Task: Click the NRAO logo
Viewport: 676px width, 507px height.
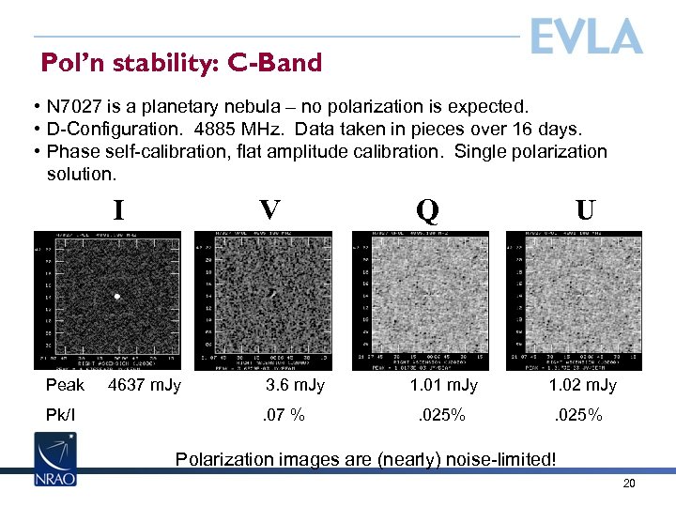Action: click(x=55, y=459)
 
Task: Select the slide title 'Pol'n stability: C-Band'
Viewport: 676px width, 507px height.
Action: click(x=181, y=63)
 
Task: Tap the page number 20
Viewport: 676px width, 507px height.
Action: click(x=629, y=484)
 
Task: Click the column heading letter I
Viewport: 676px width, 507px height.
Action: click(x=118, y=209)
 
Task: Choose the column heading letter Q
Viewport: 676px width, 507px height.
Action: click(x=426, y=209)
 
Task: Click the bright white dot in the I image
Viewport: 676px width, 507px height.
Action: click(x=117, y=297)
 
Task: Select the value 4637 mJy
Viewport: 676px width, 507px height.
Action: click(x=145, y=385)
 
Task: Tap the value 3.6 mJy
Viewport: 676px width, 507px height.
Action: click(x=295, y=385)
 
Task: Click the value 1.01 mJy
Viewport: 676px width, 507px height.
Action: click(x=443, y=385)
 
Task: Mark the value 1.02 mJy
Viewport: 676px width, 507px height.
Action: click(x=582, y=385)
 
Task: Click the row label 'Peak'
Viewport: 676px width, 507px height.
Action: click(x=65, y=385)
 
